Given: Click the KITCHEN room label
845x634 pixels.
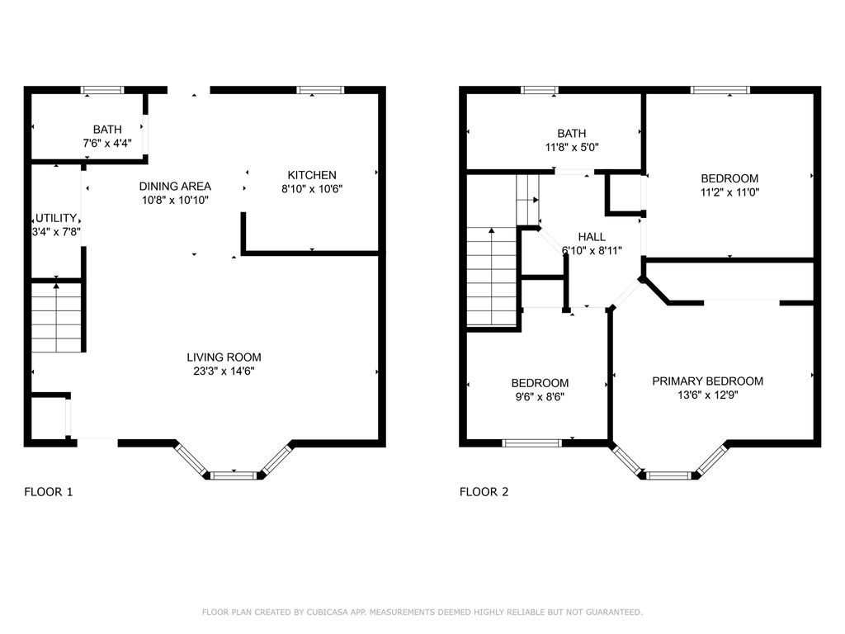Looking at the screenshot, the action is (x=311, y=175).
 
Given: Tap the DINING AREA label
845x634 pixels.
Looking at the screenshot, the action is (x=175, y=187).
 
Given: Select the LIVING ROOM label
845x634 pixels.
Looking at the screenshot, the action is (x=224, y=357).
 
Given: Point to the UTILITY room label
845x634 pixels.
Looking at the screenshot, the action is (x=56, y=218).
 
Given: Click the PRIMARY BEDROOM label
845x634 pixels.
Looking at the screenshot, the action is (x=707, y=381).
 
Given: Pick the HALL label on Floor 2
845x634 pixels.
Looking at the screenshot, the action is (x=592, y=237).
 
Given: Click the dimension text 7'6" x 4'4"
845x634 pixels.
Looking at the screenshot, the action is (x=107, y=144).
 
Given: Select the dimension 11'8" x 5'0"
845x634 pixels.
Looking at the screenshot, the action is (x=572, y=147).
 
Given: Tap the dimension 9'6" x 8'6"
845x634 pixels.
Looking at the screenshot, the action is (x=540, y=397).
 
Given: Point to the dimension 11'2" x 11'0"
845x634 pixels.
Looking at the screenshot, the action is (x=729, y=192).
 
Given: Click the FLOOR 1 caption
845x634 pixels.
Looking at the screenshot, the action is (x=49, y=492).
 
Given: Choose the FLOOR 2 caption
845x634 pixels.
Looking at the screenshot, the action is (x=484, y=492).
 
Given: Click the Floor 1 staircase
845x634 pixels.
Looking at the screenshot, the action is (x=57, y=317).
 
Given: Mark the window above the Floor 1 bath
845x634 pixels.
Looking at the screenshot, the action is (x=103, y=90).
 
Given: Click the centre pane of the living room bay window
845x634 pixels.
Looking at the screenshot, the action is (x=234, y=475).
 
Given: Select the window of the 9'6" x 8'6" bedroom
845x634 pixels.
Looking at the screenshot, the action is (x=532, y=443).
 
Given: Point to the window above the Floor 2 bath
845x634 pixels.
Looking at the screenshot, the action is (x=540, y=90).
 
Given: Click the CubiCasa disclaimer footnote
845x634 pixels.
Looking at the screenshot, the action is (x=422, y=612).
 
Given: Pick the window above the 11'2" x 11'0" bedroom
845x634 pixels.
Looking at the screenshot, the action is (x=720, y=90).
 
